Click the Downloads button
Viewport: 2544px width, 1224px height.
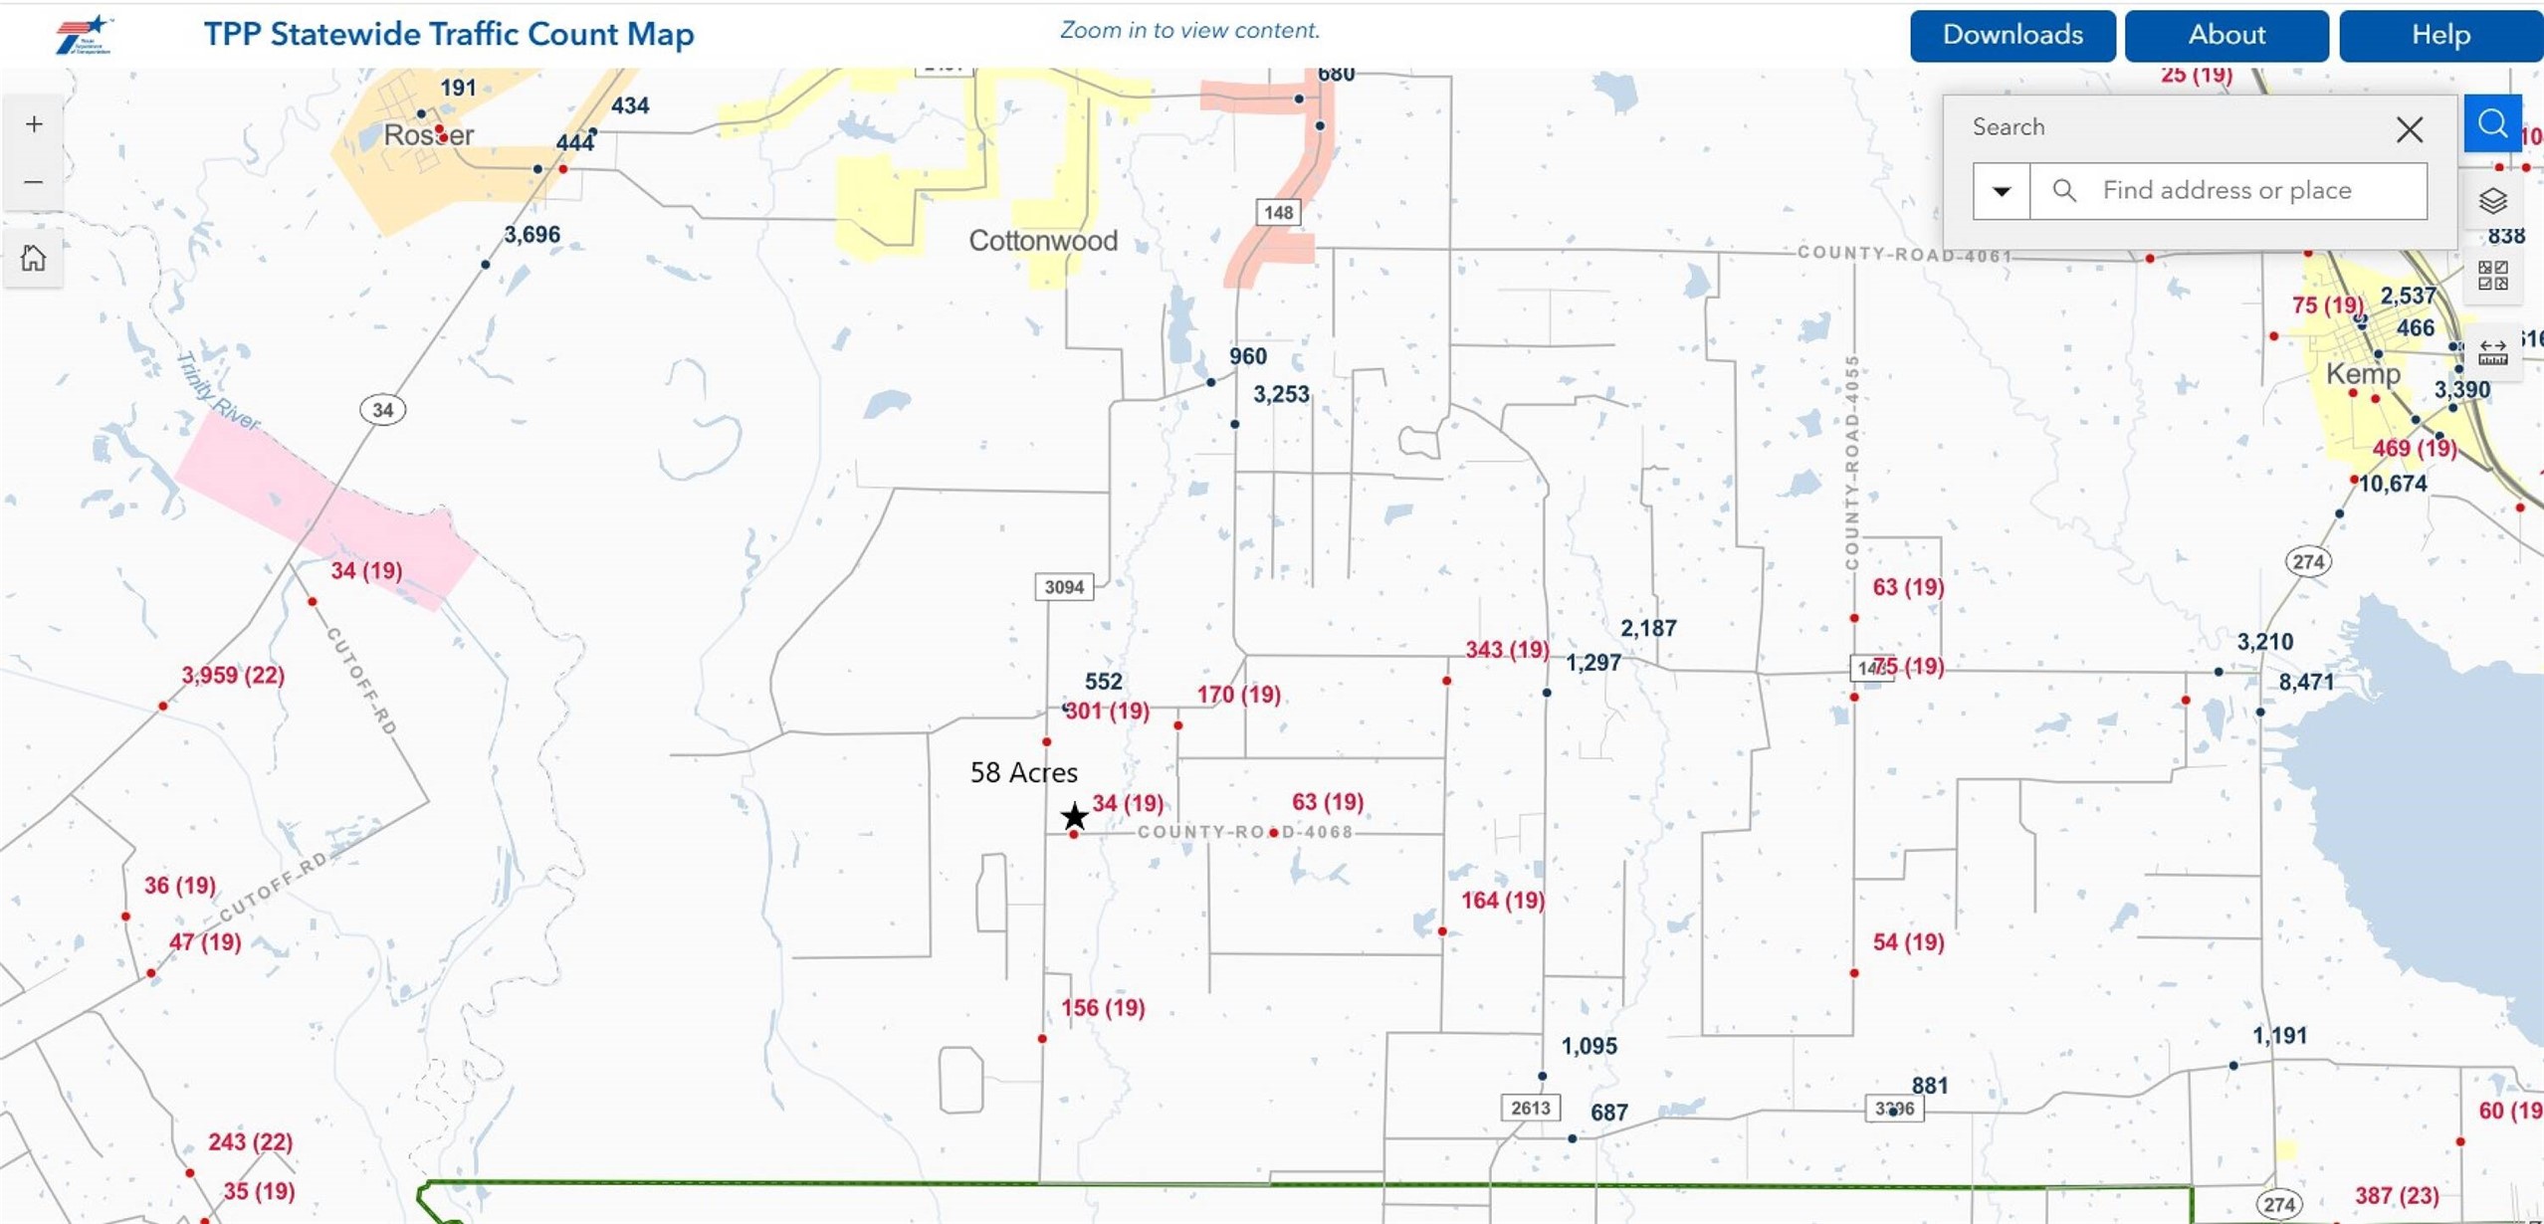tap(2012, 36)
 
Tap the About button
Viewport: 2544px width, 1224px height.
tap(2226, 36)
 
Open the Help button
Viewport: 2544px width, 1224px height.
tap(2439, 36)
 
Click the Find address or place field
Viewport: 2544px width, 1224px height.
tap(2254, 190)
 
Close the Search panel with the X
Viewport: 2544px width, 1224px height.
tap(2409, 129)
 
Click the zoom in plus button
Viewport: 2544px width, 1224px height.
tap(34, 124)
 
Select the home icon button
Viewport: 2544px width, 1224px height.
tap(34, 259)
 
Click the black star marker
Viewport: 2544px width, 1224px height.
tap(1074, 817)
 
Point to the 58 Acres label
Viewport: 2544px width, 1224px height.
tap(1023, 772)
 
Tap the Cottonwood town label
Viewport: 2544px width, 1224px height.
tap(1042, 241)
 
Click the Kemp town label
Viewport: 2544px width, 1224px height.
tap(2362, 374)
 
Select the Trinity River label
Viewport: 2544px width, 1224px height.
tap(217, 391)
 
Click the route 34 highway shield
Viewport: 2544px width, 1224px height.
tap(382, 409)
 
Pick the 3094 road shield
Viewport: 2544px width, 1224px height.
tap(1063, 587)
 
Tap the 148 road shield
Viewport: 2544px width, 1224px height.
tap(1278, 212)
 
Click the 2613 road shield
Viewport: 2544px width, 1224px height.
tap(1530, 1108)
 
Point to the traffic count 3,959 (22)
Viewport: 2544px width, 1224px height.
tap(233, 676)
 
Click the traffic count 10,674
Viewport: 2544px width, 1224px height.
tap(2392, 485)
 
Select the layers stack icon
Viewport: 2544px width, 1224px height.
tap(2492, 201)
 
